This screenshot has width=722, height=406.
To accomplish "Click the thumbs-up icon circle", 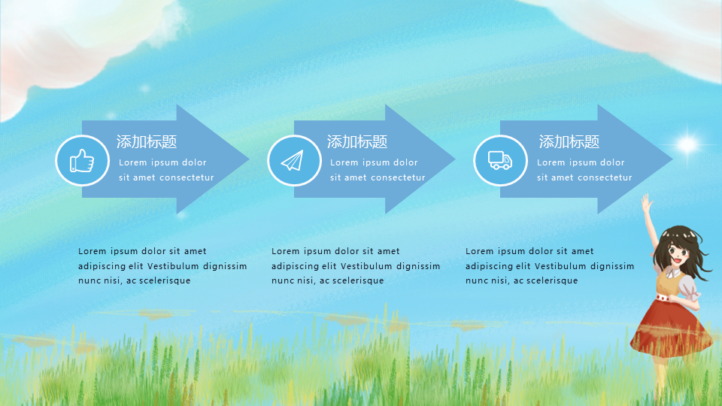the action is click(83, 161).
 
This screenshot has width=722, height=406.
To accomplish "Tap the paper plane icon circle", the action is click(294, 161).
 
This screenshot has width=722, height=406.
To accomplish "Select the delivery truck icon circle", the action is click(501, 161).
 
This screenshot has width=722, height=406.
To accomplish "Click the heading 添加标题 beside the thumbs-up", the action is click(147, 142).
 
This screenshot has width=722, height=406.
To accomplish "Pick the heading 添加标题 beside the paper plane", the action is click(357, 142).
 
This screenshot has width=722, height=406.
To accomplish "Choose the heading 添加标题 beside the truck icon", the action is click(569, 142).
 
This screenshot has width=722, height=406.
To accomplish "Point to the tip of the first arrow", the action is click(249, 159).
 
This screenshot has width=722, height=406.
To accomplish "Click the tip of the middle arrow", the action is click(455, 159).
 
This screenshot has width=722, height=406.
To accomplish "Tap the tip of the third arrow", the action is click(672, 159).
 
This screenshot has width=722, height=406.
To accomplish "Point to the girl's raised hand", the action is click(647, 202).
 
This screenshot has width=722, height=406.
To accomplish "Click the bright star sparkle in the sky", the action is click(687, 144).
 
